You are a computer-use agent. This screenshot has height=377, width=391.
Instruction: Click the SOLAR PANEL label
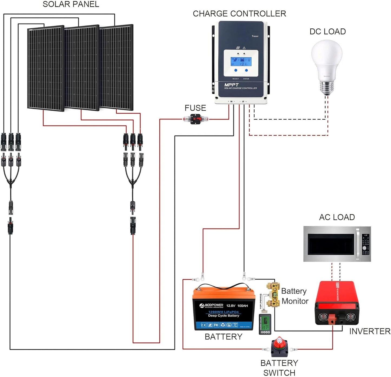(x=71, y=4)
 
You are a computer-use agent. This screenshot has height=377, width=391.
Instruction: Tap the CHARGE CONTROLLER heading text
(x=239, y=14)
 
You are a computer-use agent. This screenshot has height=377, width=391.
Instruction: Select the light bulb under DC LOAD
(x=327, y=62)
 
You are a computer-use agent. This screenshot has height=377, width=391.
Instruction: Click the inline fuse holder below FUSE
(x=195, y=119)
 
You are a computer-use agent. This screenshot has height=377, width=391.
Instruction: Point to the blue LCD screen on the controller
(x=241, y=62)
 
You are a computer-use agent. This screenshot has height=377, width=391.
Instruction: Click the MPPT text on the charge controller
(x=231, y=85)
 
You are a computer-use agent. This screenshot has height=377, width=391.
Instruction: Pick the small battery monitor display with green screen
(x=265, y=324)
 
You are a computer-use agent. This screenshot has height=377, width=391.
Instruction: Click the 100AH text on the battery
(x=242, y=306)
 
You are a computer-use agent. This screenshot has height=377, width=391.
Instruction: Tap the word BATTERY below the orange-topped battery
(x=223, y=337)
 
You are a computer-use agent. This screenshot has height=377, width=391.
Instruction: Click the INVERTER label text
(x=370, y=331)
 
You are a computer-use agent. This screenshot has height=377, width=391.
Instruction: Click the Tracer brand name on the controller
(x=255, y=36)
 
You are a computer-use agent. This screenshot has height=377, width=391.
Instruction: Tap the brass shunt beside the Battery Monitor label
(x=273, y=295)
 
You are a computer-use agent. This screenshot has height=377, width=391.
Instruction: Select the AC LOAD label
(x=337, y=217)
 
